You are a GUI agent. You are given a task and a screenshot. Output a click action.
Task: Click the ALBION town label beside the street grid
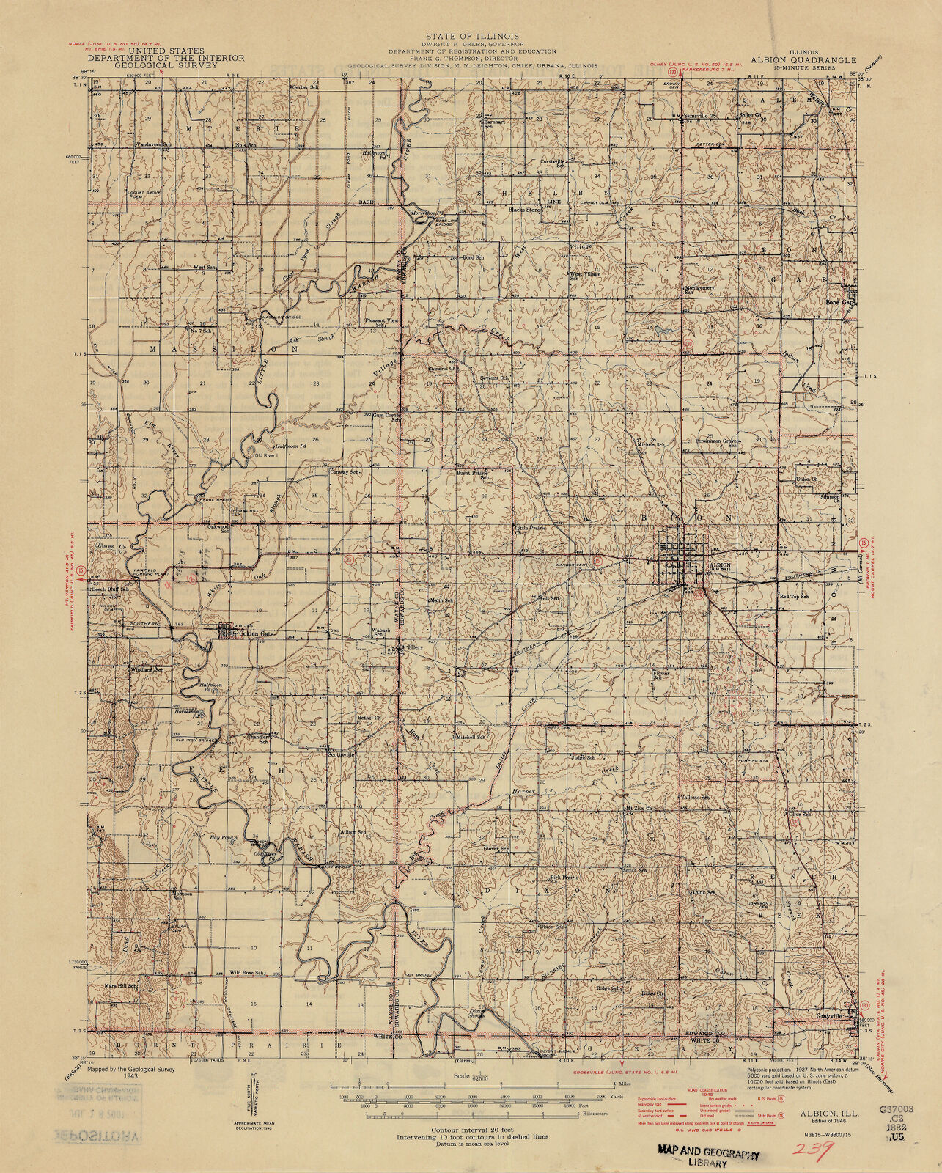point(720,565)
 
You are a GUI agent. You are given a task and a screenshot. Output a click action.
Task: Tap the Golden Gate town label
point(253,633)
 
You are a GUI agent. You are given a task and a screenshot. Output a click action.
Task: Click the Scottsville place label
point(341,754)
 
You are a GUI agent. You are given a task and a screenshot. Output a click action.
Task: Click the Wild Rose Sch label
point(246,973)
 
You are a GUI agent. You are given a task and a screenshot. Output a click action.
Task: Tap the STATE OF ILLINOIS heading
point(471,36)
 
